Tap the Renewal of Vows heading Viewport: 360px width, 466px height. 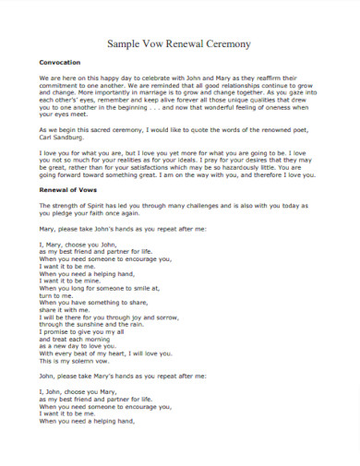pos(67,214)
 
